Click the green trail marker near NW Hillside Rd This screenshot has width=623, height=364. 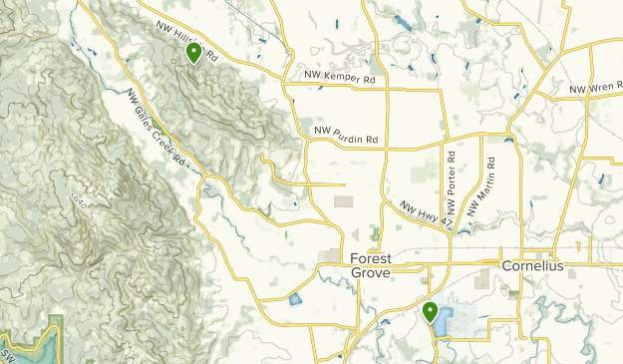pyautogui.click(x=193, y=52)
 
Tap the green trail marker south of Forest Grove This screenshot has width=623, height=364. pyautogui.click(x=431, y=311)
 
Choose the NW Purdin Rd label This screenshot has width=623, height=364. pyautogui.click(x=346, y=130)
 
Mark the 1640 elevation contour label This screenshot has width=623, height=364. pyautogui.click(x=78, y=201)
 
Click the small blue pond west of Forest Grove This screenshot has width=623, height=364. pyautogui.click(x=294, y=297)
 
